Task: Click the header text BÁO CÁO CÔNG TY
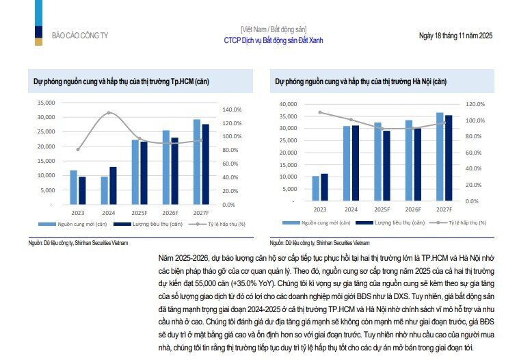[x=80, y=35]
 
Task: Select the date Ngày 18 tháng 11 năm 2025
[x=455, y=35]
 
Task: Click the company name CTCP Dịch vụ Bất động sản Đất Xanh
[x=274, y=40]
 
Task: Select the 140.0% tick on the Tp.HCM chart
[x=233, y=110]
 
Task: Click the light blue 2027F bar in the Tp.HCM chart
[x=197, y=162]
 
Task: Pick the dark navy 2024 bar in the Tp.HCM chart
[x=113, y=185]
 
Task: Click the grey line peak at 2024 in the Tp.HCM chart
[x=109, y=113]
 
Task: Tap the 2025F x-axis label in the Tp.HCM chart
[x=139, y=211]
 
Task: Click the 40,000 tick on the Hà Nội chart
[x=288, y=104]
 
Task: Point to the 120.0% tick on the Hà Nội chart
[x=475, y=104]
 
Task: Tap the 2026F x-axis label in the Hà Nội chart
[x=412, y=209]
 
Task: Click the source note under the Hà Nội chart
[x=319, y=243]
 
